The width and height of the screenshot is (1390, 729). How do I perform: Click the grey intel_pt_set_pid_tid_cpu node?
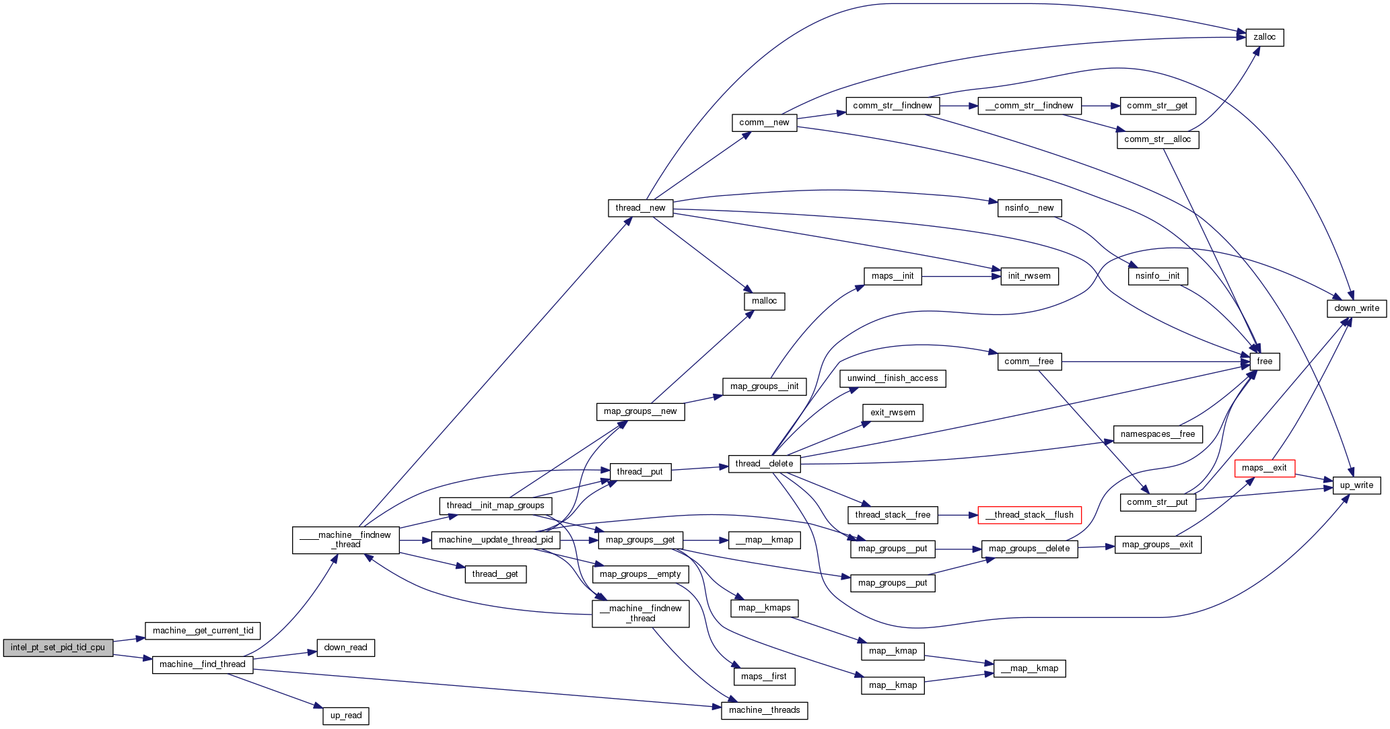pyautogui.click(x=58, y=648)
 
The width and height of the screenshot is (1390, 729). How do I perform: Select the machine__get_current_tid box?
pyautogui.click(x=203, y=631)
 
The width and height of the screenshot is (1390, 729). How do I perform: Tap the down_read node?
pyautogui.click(x=345, y=648)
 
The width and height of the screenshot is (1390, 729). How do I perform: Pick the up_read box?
pyautogui.click(x=346, y=716)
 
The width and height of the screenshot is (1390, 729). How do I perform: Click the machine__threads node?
pyautogui.click(x=764, y=710)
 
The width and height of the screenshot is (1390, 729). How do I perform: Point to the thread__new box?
pyautogui.click(x=640, y=208)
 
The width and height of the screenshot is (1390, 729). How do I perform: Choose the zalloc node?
pyautogui.click(x=1264, y=38)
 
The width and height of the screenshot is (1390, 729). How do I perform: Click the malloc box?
pyautogui.click(x=764, y=301)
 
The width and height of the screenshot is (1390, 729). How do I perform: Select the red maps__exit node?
pyautogui.click(x=1264, y=468)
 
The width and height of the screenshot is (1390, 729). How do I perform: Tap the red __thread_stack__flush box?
pyautogui.click(x=1029, y=515)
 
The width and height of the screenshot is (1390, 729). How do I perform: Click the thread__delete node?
pyautogui.click(x=764, y=464)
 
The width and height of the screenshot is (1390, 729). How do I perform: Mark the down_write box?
pyautogui.click(x=1356, y=308)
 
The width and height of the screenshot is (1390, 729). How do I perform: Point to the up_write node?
pyautogui.click(x=1356, y=485)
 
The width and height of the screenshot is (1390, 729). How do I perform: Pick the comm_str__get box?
pyautogui.click(x=1157, y=106)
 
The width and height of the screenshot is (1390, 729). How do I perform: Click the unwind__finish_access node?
pyautogui.click(x=893, y=378)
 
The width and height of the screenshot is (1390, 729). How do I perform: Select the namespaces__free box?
pyautogui.click(x=1157, y=434)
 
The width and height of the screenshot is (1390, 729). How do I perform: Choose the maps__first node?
pyautogui.click(x=763, y=676)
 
